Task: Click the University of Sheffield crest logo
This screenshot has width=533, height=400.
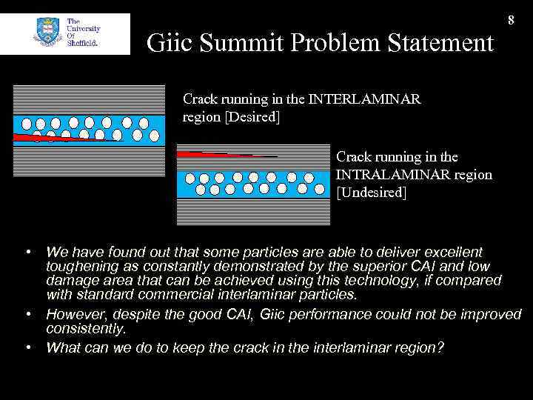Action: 46,33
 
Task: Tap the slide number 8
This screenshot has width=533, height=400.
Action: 511,20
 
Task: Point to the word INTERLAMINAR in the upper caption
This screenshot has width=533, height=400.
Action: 364,99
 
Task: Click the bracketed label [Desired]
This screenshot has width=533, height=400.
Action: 252,117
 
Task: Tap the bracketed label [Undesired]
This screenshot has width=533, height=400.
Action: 372,193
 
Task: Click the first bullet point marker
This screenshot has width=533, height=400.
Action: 27,253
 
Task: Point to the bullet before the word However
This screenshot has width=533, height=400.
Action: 27,315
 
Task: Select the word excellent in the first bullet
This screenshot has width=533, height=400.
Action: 446,253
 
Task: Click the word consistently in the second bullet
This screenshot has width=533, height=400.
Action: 85,328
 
